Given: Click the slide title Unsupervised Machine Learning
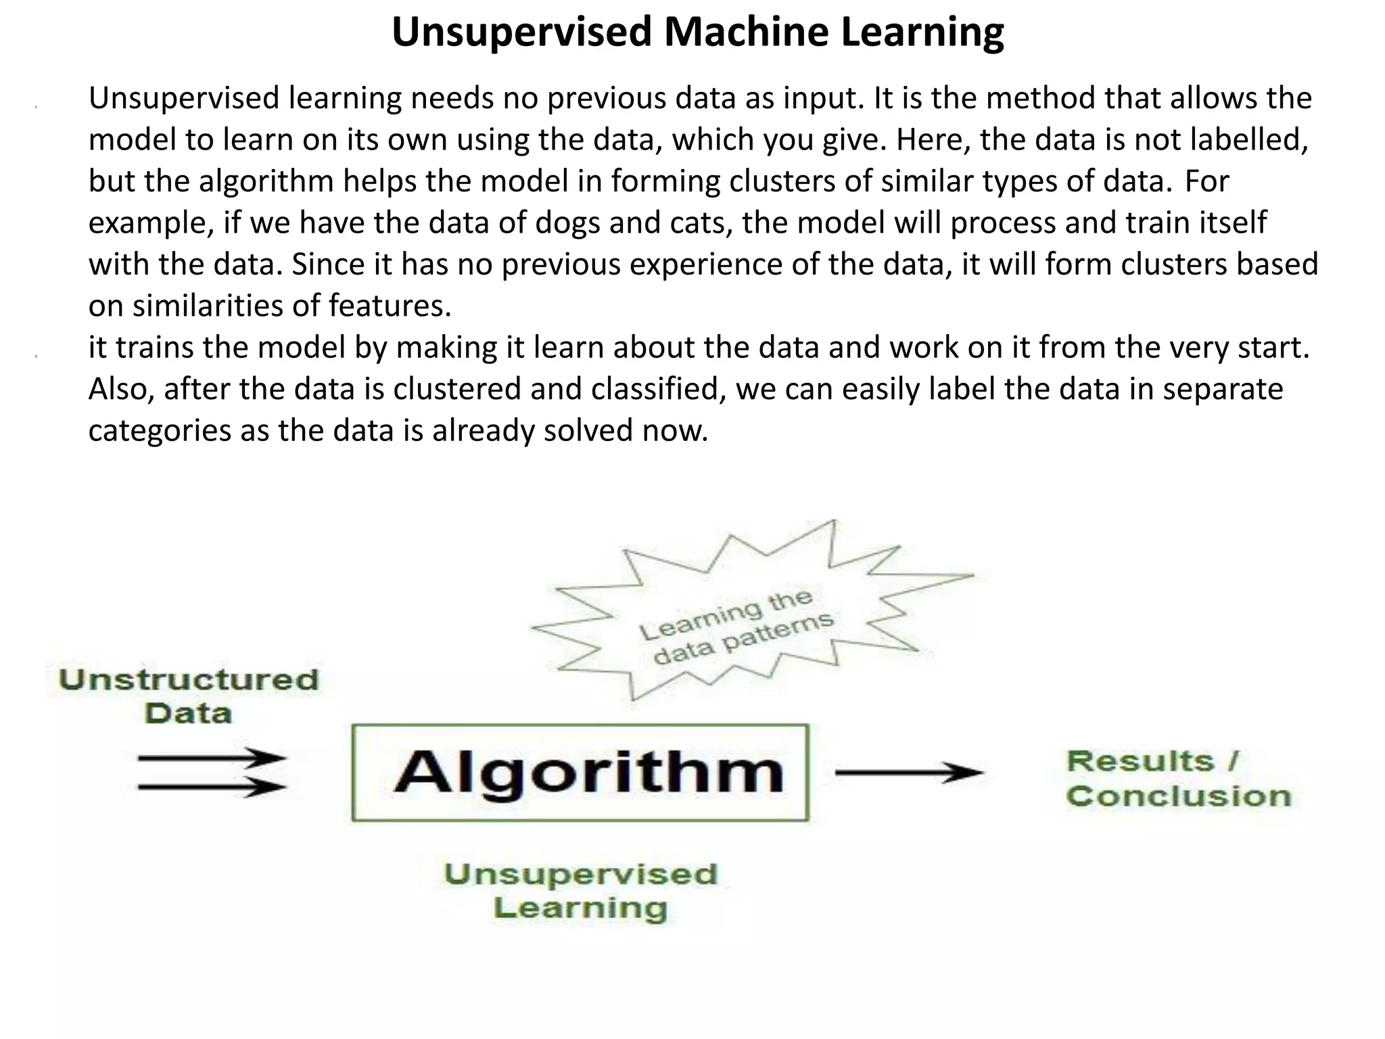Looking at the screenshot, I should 697,32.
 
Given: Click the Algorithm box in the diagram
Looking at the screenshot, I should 580,772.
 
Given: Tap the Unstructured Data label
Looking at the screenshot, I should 188,696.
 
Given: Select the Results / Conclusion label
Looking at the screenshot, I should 1178,779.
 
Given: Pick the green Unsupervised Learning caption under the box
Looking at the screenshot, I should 580,891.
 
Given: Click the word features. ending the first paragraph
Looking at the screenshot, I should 390,306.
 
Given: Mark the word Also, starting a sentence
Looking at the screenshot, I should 121,389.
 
